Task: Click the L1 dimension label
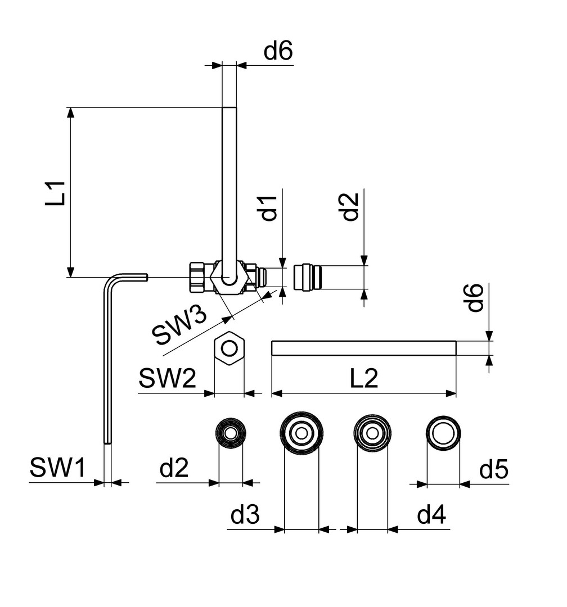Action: (x=58, y=192)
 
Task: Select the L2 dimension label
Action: (x=364, y=379)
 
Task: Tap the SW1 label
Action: (x=57, y=468)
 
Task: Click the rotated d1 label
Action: (x=271, y=208)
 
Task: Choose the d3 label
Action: (x=245, y=515)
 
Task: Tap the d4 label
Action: (x=433, y=515)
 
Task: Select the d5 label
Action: (x=494, y=469)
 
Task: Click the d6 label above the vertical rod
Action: (x=279, y=52)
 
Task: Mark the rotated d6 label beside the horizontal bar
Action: (x=476, y=298)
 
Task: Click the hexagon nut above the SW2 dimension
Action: (x=229, y=348)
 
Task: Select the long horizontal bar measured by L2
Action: (x=363, y=348)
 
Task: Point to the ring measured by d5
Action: (x=443, y=434)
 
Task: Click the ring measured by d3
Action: (x=302, y=433)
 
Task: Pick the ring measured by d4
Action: (x=372, y=433)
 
